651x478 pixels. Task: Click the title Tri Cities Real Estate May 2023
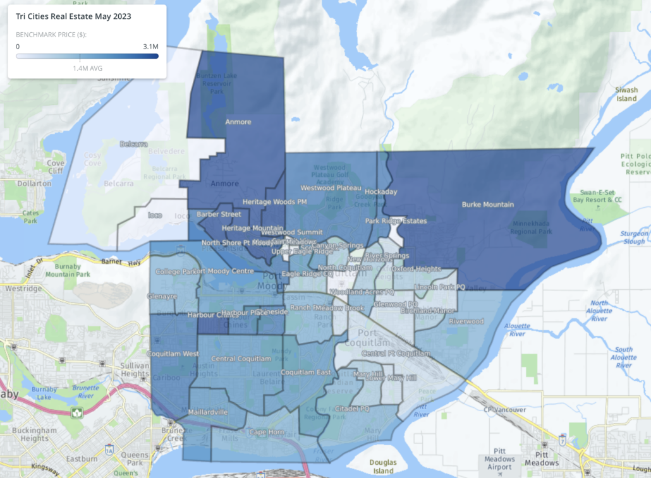click(x=73, y=16)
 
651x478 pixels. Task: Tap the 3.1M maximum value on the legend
click(x=150, y=46)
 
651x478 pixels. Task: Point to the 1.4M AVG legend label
click(x=87, y=68)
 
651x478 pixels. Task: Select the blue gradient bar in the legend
click(x=87, y=56)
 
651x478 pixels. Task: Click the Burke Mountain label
click(x=487, y=205)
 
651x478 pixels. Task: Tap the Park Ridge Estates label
click(x=396, y=221)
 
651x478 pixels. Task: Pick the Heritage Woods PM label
click(x=275, y=202)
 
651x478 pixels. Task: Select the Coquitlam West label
click(x=173, y=354)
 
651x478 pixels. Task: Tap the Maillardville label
click(x=208, y=412)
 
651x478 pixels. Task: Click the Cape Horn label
click(x=266, y=432)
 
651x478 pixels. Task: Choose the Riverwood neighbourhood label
click(x=466, y=321)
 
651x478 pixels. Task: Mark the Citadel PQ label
click(x=352, y=409)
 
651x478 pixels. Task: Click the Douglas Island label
click(x=384, y=467)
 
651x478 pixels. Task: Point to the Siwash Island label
click(x=626, y=94)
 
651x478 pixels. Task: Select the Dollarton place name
click(x=34, y=183)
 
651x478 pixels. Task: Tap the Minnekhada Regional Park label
click(x=532, y=227)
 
